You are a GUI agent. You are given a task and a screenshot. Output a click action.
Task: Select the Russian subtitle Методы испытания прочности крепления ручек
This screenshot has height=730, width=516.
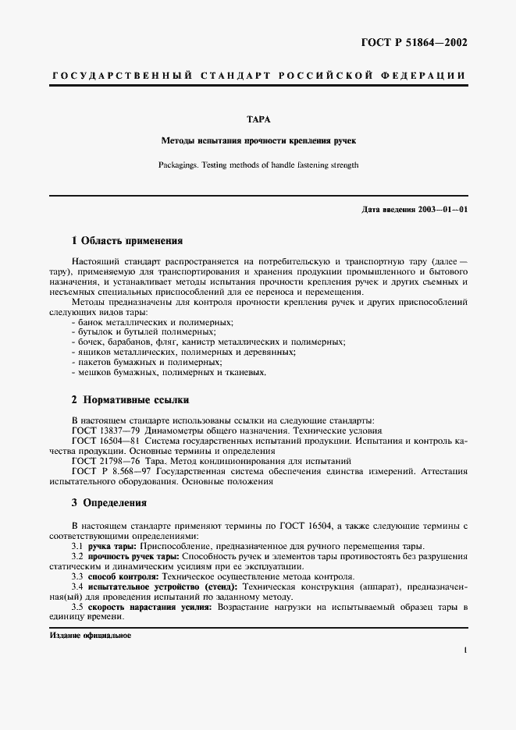click(x=258, y=141)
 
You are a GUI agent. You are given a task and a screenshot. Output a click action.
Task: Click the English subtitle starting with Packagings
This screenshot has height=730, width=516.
click(x=258, y=165)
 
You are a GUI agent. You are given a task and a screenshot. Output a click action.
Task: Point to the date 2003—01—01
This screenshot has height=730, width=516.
click(x=441, y=210)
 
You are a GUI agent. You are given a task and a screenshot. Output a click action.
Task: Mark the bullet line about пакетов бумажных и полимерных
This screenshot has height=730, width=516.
click(x=146, y=362)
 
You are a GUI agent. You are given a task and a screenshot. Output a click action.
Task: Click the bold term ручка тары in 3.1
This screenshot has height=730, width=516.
click(x=111, y=546)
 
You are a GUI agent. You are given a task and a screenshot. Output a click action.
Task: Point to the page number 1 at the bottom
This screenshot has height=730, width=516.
click(x=464, y=650)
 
